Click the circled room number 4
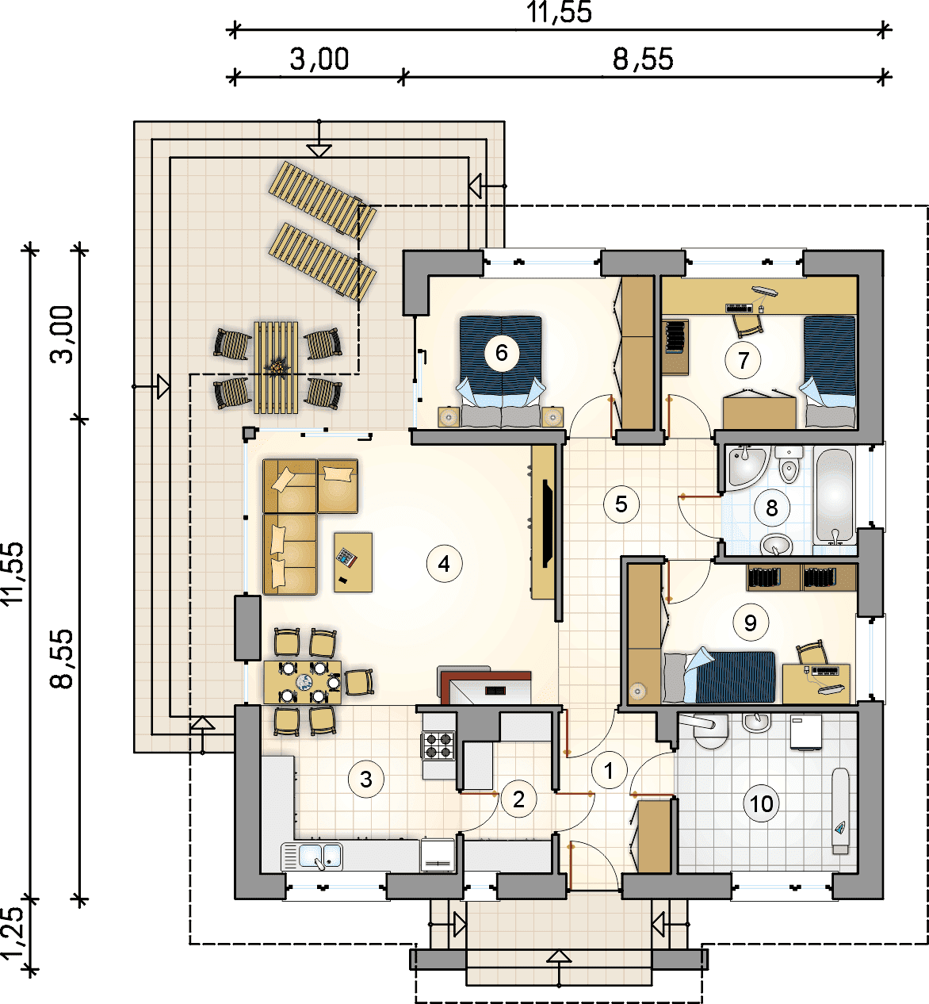(444, 564)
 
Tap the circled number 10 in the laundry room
(761, 804)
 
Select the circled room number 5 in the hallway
(621, 504)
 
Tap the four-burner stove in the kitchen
(438, 745)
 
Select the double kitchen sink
(312, 856)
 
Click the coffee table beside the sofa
(353, 561)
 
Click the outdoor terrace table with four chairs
(276, 368)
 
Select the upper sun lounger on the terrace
(323, 200)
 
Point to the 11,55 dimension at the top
(559, 12)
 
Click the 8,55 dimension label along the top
(643, 59)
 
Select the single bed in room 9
(719, 677)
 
